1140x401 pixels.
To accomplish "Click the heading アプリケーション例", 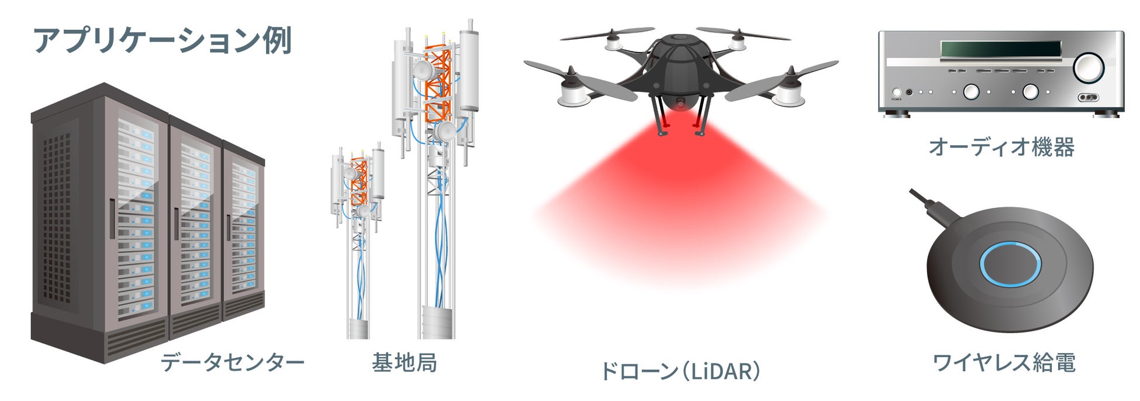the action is point(162,40).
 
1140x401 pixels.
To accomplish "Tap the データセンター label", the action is point(232,362).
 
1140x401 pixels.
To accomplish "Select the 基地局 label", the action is point(404,362).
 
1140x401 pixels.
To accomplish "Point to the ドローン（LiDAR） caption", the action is point(680,371).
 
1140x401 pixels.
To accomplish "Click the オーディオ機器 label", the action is point(1001,147).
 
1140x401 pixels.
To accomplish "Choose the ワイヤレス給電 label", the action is point(1003,362).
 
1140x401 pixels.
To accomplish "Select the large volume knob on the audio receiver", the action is point(1088,67).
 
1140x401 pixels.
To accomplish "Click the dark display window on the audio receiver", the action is point(1000,49).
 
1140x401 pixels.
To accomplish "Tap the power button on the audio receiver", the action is point(897,92).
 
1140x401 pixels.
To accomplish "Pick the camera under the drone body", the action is point(680,104).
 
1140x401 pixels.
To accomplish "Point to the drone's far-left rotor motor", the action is point(574,94).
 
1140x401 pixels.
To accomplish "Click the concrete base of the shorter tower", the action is point(358,329).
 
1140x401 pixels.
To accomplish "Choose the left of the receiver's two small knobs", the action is point(971,92).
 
